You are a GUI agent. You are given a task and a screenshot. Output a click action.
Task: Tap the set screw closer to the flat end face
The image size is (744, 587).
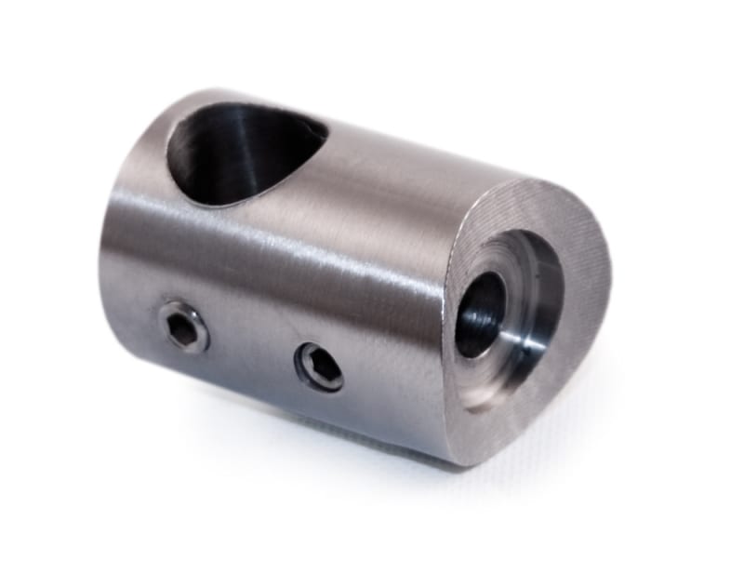[x=319, y=366]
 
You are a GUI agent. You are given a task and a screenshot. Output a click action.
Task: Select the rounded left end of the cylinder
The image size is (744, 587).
[x=116, y=251]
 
